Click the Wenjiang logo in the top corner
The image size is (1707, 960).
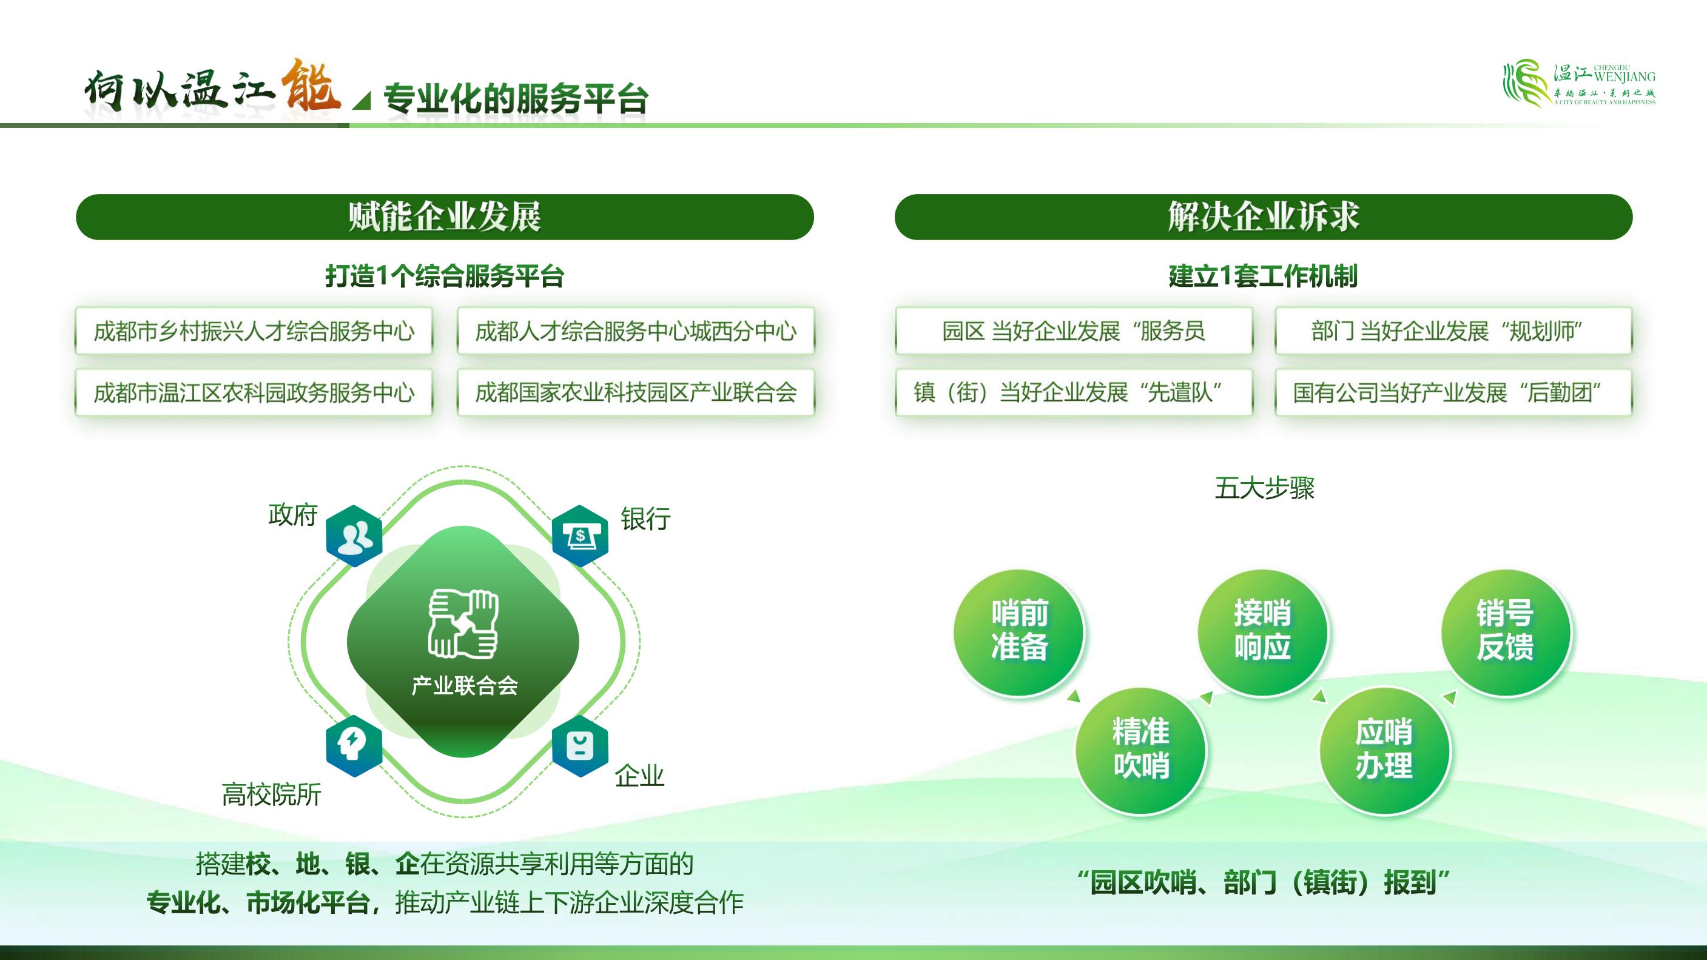(1578, 83)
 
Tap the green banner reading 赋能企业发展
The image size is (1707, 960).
(445, 217)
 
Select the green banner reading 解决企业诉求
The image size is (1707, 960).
(1263, 217)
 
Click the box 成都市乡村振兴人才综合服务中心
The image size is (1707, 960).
(254, 331)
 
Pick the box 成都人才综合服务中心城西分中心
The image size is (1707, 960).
(636, 331)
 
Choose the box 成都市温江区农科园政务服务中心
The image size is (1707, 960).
(254, 392)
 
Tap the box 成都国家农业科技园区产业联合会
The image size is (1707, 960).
(636, 392)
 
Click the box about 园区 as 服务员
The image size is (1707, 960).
(1074, 331)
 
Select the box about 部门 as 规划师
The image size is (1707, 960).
(1453, 331)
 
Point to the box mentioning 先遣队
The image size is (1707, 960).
(1074, 392)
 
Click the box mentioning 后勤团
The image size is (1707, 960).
(1453, 392)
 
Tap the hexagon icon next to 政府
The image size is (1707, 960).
(354, 536)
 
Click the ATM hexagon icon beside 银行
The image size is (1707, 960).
(580, 536)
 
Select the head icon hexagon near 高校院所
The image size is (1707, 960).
(354, 746)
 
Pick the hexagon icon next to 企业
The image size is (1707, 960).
(580, 746)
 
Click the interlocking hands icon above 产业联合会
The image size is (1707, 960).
(463, 624)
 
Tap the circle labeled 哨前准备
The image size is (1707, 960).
(1019, 632)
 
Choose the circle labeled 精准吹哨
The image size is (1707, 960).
(1140, 750)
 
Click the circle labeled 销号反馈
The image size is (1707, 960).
(1506, 632)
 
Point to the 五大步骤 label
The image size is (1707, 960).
(1264, 488)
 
